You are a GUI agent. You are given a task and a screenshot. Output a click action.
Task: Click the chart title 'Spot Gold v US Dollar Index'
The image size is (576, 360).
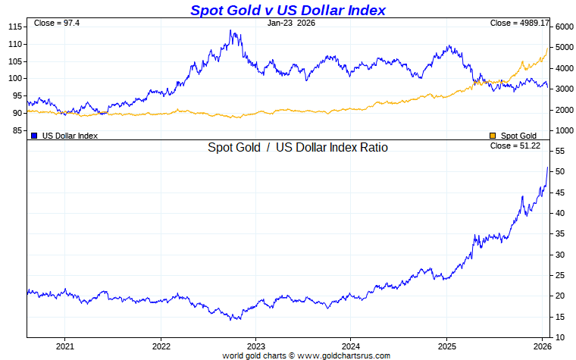[x=287, y=10]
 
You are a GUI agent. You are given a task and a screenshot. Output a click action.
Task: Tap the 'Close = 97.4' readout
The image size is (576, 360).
[x=52, y=23]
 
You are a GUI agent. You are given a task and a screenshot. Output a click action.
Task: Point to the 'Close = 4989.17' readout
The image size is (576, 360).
[x=519, y=23]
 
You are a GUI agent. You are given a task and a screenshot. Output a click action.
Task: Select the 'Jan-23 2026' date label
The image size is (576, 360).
[x=292, y=23]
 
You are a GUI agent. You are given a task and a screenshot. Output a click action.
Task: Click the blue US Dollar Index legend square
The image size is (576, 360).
[x=34, y=136]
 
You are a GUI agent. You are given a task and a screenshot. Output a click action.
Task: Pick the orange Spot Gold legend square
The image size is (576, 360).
[x=493, y=136]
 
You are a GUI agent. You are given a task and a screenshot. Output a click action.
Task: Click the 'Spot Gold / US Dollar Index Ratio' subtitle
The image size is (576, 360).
[x=298, y=148]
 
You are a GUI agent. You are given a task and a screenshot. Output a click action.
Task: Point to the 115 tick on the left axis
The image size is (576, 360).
[x=14, y=27]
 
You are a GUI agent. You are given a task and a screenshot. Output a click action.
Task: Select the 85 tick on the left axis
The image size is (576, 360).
[x=17, y=130]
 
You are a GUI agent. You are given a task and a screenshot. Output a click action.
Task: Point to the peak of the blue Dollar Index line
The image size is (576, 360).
[x=231, y=31]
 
